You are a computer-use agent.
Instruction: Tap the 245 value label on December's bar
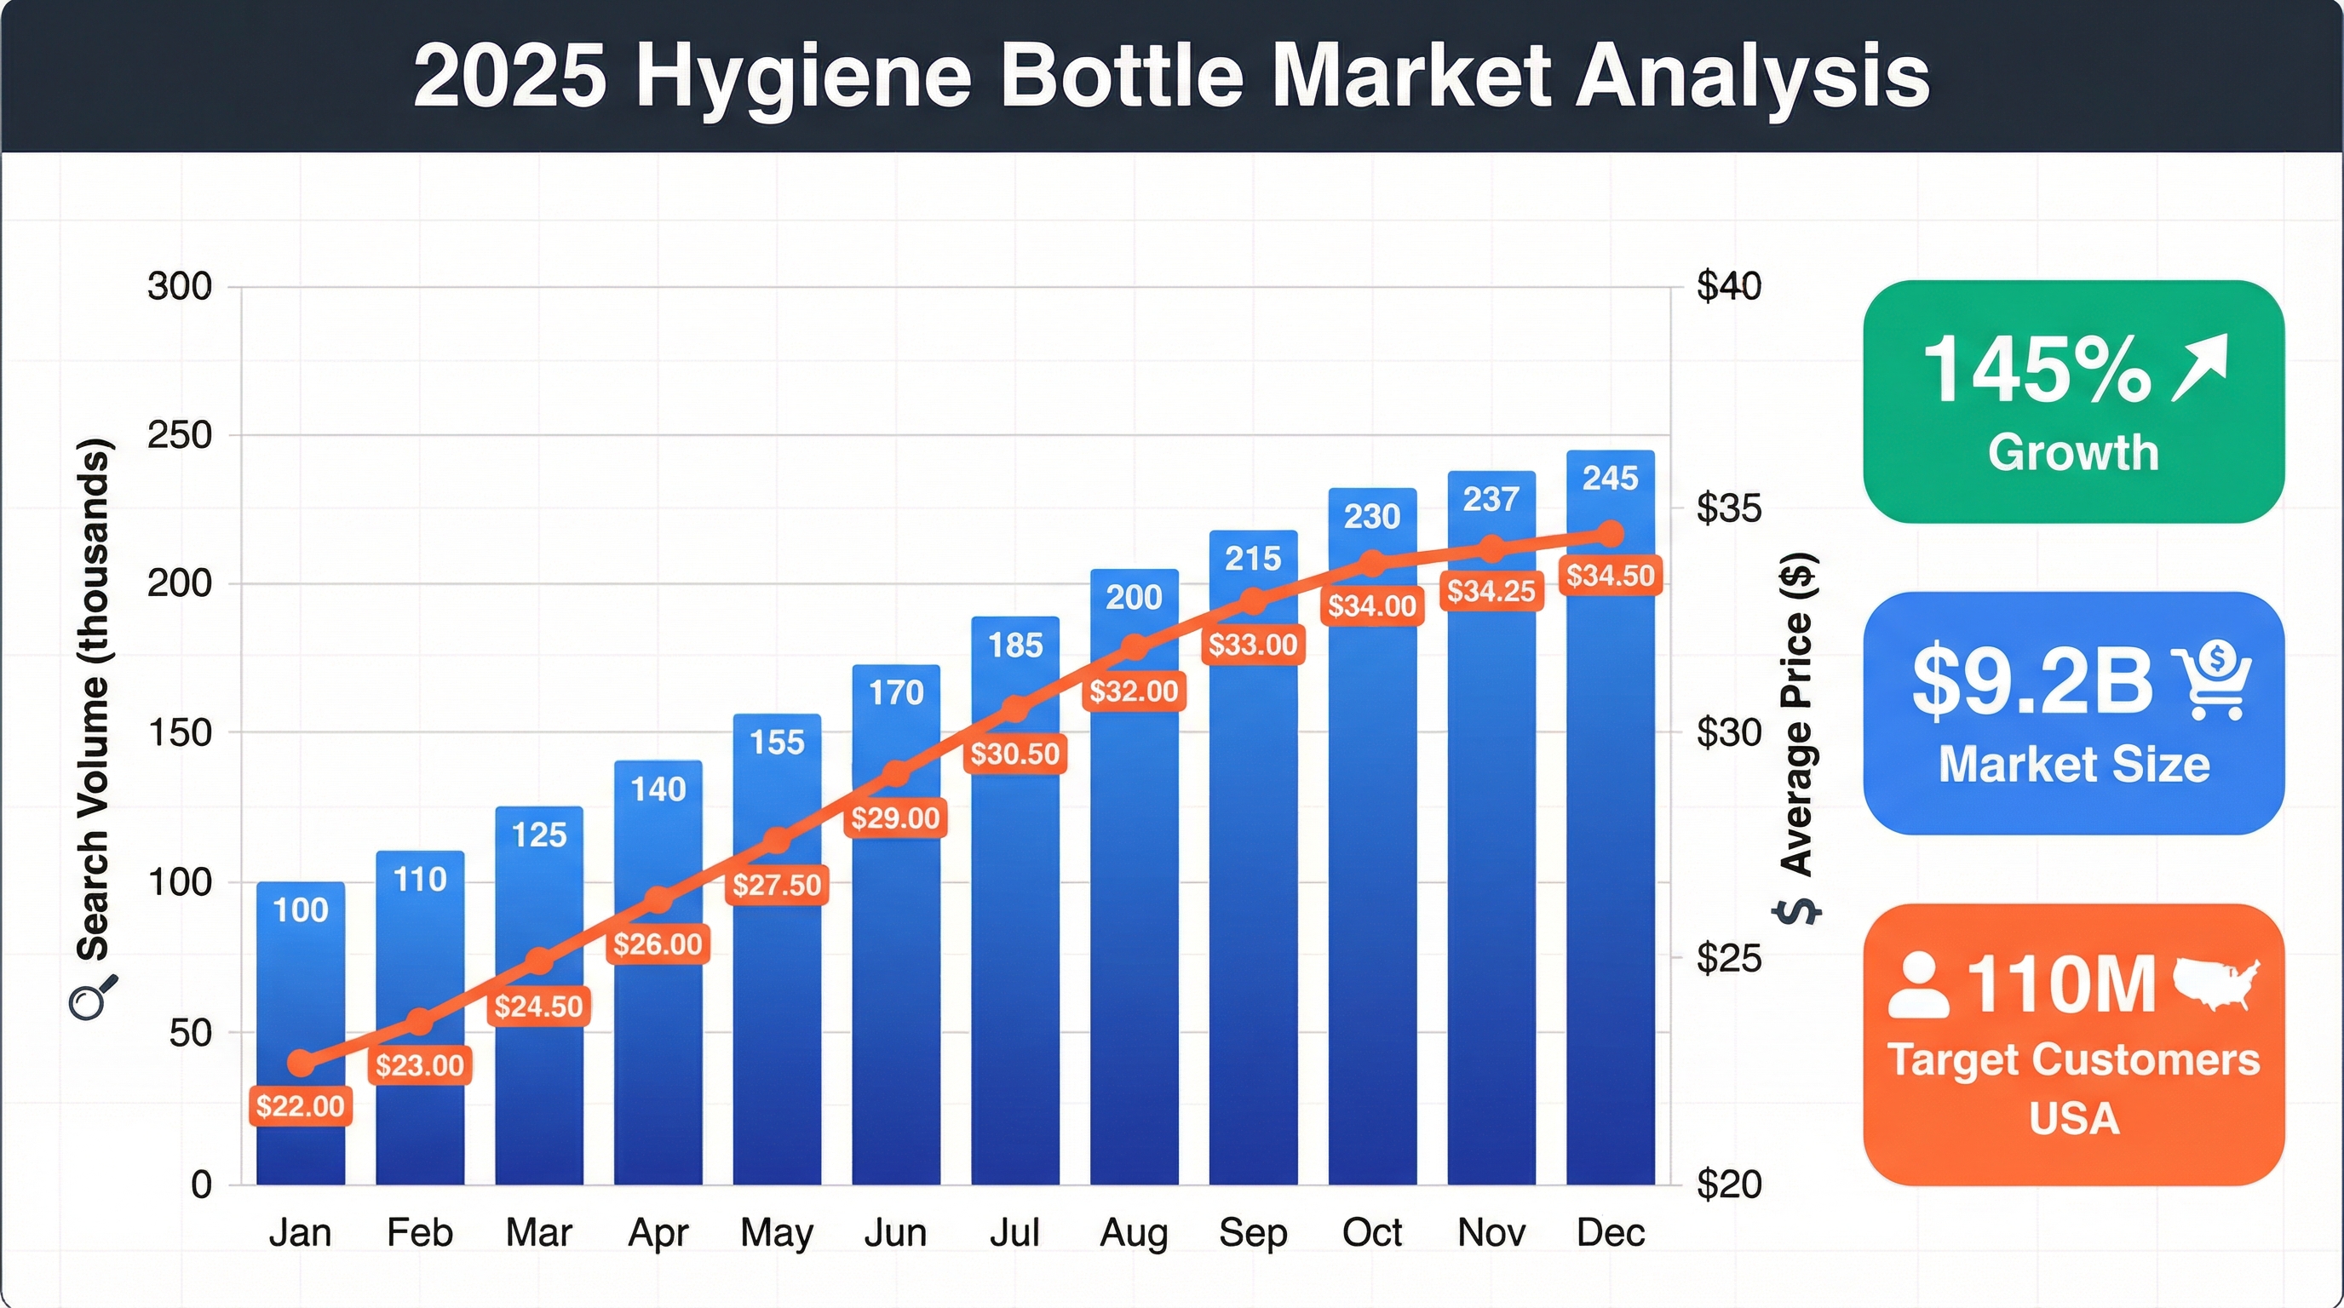1610,479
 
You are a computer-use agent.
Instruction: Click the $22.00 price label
301,1106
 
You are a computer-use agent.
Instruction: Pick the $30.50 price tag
1014,754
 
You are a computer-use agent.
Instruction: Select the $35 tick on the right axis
1728,508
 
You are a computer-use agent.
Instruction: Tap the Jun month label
895,1233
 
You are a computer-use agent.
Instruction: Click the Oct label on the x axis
1371,1233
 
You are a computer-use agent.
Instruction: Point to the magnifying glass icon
93,998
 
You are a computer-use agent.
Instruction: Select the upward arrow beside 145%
2200,366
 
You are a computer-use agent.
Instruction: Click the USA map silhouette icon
2215,984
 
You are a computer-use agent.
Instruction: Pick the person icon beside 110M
1918,985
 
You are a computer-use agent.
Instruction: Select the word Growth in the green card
2073,452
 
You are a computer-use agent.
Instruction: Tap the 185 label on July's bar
1014,645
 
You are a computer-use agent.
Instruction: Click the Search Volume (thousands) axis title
93,700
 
